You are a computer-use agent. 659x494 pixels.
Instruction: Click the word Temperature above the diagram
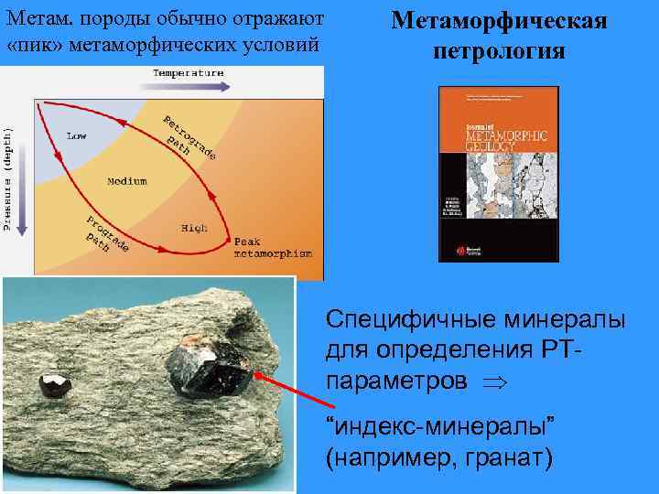coord(188,72)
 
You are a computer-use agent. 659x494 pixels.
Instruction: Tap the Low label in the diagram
coord(76,136)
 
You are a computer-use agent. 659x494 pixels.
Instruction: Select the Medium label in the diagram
coord(126,181)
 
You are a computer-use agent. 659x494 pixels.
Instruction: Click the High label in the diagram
coord(193,226)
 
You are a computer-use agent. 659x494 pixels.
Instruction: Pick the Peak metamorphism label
coord(272,247)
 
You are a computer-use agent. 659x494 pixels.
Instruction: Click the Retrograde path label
coord(188,138)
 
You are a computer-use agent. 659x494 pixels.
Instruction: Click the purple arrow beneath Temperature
coord(188,87)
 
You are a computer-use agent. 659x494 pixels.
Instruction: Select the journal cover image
coord(499,173)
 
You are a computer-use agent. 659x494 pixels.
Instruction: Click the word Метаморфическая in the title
coord(499,20)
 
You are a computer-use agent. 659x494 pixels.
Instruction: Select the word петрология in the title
coord(499,49)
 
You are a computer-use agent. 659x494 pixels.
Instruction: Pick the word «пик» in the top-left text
coord(31,45)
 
